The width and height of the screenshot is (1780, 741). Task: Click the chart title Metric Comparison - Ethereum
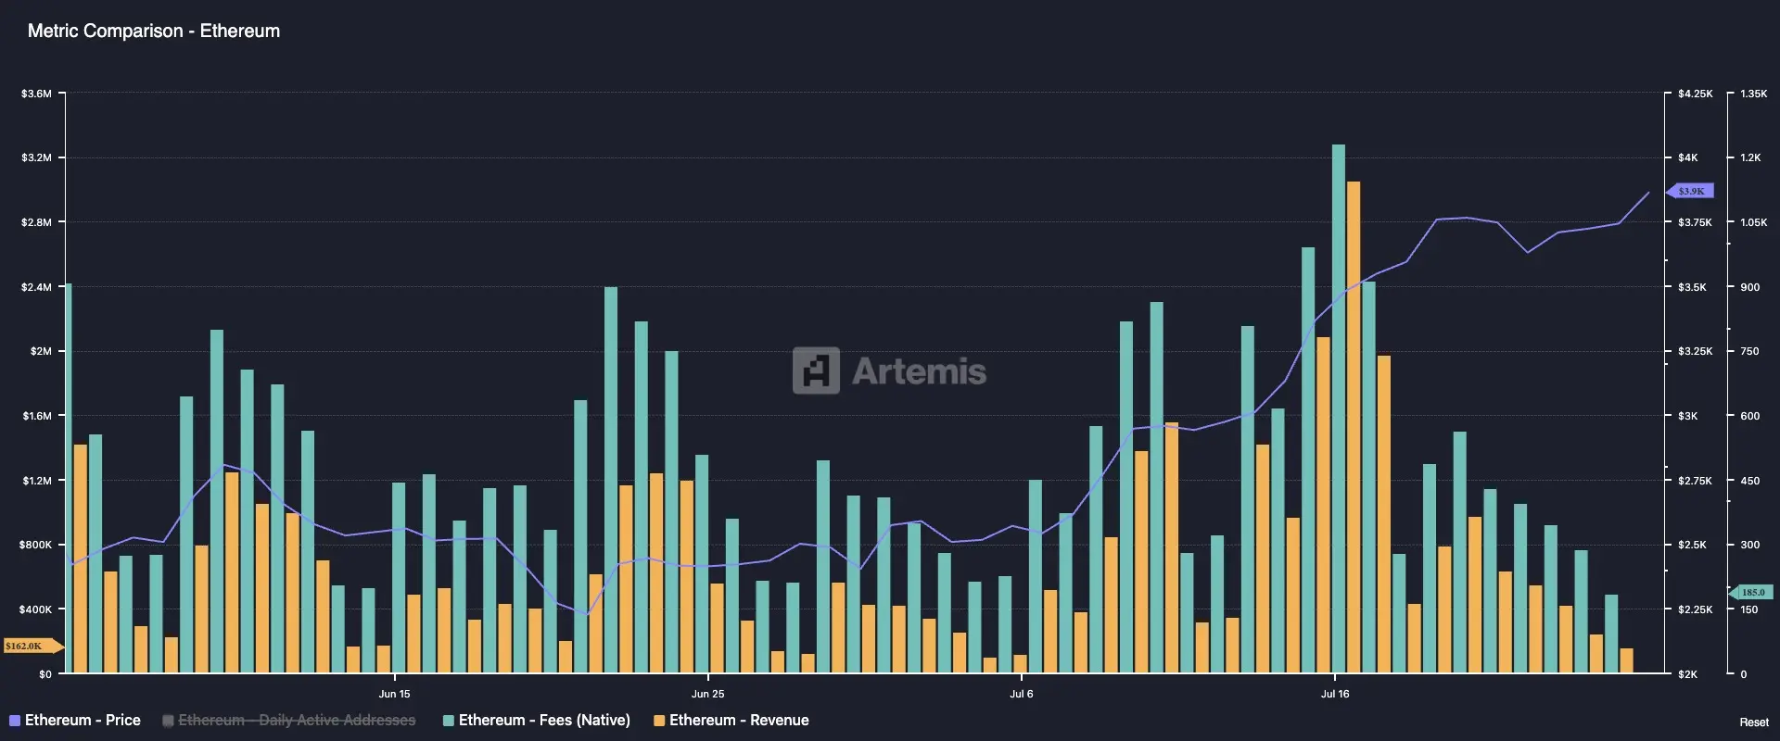[x=154, y=31]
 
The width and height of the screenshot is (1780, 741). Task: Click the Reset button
[x=1753, y=722]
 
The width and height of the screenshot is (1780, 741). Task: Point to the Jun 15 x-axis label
[x=394, y=694]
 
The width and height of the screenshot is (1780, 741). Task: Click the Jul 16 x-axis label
[x=1335, y=694]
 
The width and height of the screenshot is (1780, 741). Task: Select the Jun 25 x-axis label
[x=707, y=694]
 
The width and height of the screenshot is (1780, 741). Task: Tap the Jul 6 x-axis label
[x=1021, y=694]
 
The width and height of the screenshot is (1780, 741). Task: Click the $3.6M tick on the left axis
[x=36, y=94]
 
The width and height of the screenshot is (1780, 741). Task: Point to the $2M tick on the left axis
[x=41, y=351]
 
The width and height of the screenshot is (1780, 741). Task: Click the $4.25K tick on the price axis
[x=1695, y=94]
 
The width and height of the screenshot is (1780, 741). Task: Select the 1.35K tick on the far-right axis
[x=1753, y=94]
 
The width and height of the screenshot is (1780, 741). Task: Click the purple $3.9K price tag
[x=1691, y=191]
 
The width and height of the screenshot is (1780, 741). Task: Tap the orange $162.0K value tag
[x=26, y=646]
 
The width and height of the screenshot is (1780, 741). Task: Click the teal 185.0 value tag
[x=1752, y=592]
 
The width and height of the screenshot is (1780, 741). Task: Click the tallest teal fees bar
[x=1338, y=408]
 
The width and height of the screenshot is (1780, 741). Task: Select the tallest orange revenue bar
[x=1354, y=426]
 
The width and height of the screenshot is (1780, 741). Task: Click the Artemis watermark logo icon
[x=816, y=370]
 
